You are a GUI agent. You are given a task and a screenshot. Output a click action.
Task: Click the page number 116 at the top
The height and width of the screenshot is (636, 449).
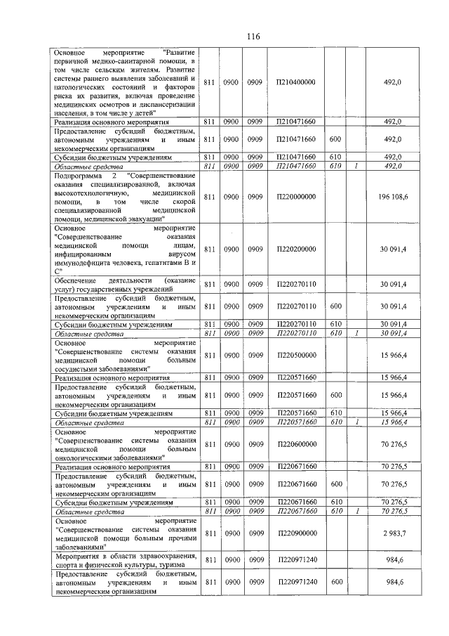coord(234,37)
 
